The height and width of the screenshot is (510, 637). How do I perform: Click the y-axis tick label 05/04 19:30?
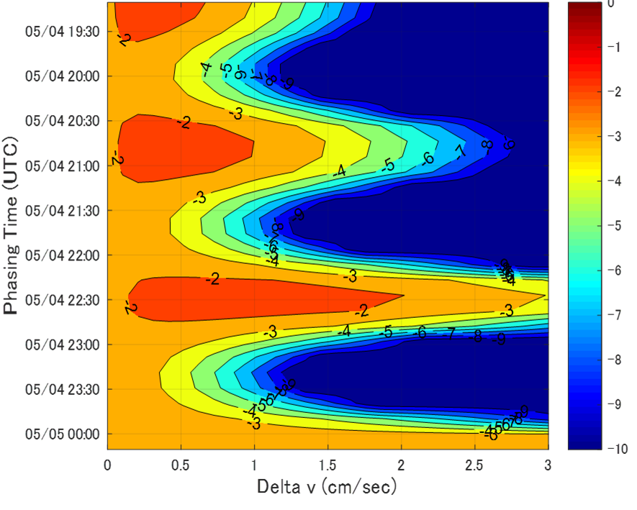point(63,32)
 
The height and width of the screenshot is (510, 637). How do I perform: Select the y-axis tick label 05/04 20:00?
point(63,76)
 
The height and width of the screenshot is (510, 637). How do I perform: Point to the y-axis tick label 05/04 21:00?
point(63,166)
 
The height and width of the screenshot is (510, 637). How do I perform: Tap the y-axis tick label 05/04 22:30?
point(63,300)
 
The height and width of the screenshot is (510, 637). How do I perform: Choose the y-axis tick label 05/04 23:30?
point(63,390)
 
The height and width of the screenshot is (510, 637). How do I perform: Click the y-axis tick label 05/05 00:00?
point(63,434)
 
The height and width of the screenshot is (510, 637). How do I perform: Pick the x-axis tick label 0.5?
point(181,465)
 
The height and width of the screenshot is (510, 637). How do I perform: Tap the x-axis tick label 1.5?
point(327,465)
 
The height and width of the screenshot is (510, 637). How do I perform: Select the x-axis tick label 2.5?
point(474,465)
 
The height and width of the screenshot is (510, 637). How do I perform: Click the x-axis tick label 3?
point(547,465)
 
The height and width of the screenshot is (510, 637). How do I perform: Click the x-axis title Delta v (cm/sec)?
point(327,488)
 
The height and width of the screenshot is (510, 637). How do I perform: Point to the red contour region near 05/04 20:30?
point(180,147)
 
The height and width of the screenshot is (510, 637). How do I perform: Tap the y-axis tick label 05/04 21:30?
point(63,211)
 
